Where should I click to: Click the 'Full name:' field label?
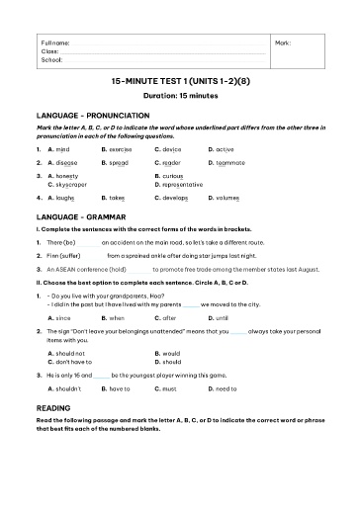tap(55, 43)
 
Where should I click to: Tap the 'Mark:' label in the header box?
tap(283, 43)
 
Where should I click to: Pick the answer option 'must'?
tap(172, 389)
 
